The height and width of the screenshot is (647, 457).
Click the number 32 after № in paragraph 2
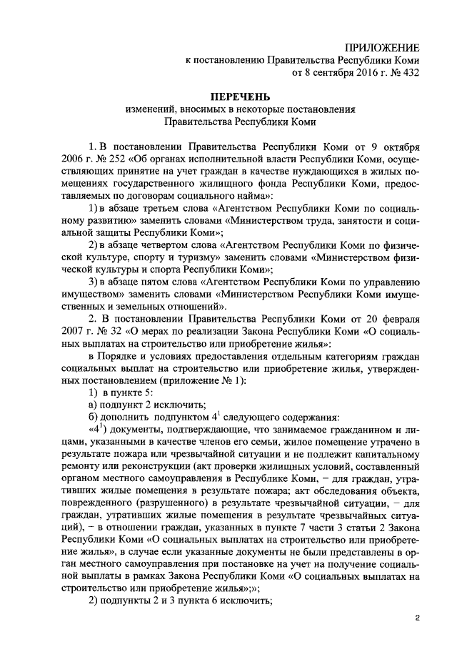tap(96, 330)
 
